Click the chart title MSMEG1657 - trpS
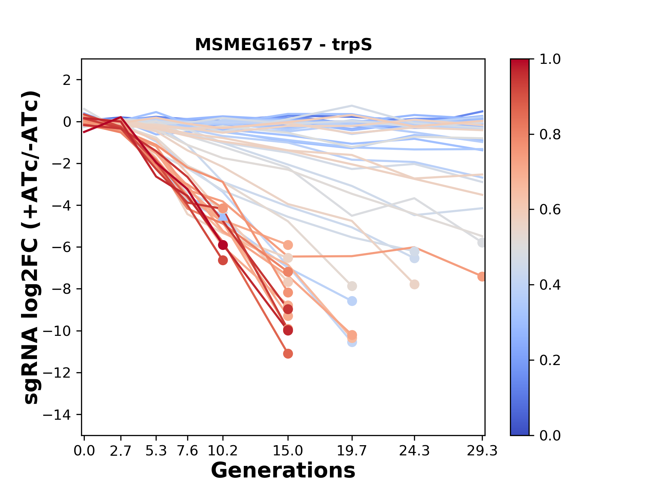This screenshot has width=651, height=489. pos(283,45)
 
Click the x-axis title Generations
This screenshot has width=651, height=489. pos(283,471)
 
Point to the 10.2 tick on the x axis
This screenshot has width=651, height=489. pos(223,451)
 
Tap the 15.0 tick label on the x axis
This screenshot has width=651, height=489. pos(288,451)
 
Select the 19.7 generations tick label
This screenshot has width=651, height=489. pos(352,451)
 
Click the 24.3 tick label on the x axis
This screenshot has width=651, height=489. pos(414,451)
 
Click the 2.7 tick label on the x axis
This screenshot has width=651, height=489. pos(121,451)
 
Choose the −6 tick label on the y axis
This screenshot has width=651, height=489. pos(61,247)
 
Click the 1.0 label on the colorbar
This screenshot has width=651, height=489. pos(550,59)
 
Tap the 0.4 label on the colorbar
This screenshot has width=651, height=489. pos(550,285)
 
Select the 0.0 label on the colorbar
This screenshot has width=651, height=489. pos(550,435)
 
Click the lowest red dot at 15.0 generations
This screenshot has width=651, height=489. pos(288,354)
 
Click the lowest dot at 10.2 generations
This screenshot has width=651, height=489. pos(223,260)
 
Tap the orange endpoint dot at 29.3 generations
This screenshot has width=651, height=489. pos(482,277)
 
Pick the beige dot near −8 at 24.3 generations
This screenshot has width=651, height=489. pos(414,285)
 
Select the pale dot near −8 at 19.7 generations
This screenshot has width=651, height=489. pos(352,286)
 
